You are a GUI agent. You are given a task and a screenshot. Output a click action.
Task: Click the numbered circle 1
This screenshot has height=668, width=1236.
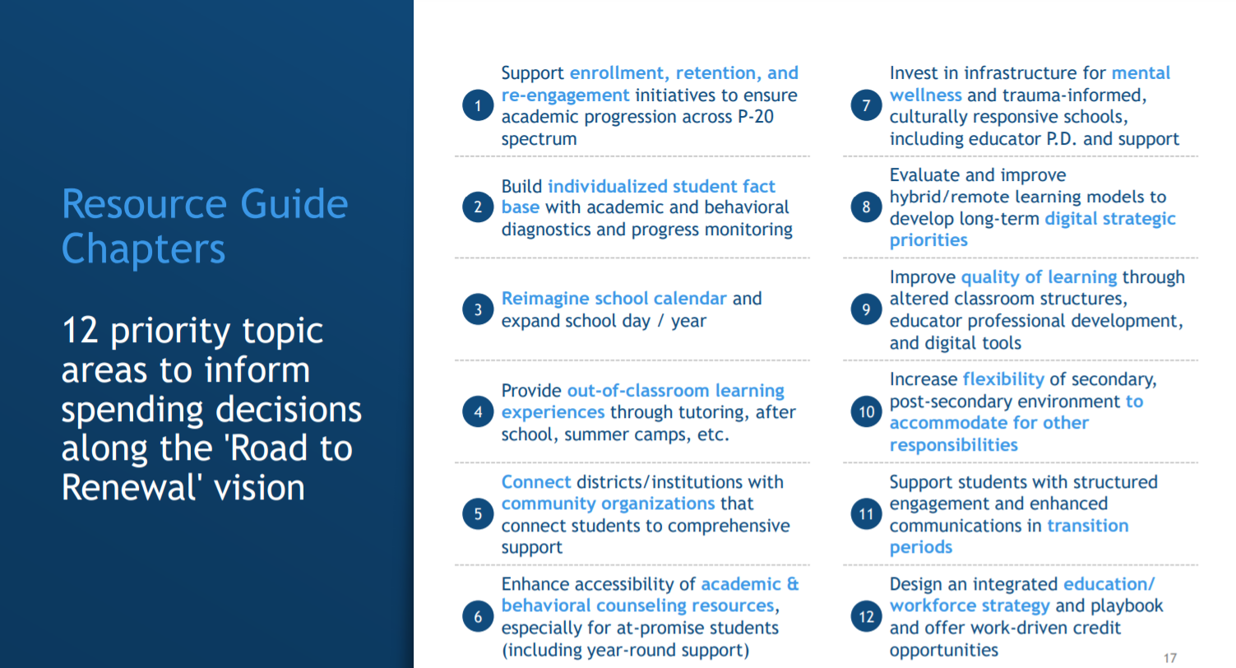[478, 106]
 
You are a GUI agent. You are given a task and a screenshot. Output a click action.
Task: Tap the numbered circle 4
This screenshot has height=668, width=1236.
[478, 412]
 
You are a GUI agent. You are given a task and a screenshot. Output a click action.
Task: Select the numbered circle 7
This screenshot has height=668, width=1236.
[866, 106]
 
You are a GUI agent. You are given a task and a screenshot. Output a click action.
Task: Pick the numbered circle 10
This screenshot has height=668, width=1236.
[866, 412]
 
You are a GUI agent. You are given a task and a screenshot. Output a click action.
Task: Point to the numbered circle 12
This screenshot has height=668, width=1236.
[866, 616]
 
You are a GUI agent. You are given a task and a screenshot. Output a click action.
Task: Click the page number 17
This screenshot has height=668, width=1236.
[1170, 657]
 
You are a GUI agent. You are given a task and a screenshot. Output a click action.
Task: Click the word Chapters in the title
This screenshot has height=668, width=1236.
[143, 248]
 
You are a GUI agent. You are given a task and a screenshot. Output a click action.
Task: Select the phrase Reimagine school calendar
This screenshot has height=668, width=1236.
[614, 299]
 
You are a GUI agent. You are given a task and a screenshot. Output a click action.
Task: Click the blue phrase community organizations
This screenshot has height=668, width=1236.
[609, 503]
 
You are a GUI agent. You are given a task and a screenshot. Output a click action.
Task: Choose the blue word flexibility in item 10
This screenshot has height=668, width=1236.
[1003, 379]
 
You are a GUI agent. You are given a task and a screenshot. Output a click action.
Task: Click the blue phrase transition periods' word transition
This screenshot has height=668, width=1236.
[1087, 526]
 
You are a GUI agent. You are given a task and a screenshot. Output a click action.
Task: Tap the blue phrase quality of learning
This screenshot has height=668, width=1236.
[1039, 277]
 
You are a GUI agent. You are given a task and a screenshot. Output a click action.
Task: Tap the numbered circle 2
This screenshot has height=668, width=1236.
[478, 207]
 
